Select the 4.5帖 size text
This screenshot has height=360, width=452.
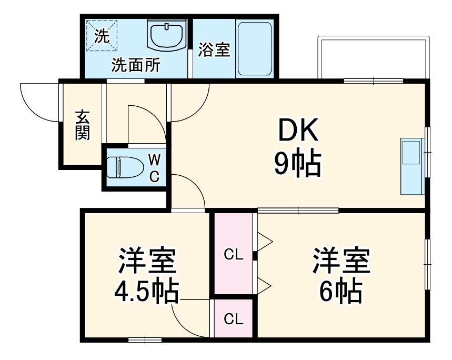point(147,291)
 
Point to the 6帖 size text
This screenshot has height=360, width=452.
point(341,291)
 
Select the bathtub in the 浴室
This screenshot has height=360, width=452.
point(255,48)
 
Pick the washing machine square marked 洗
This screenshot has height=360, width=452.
point(102,36)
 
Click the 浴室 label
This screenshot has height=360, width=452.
point(214,49)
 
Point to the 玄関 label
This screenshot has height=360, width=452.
point(82,124)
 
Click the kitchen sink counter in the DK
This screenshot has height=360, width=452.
point(411,166)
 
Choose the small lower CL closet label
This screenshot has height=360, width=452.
point(234,319)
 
